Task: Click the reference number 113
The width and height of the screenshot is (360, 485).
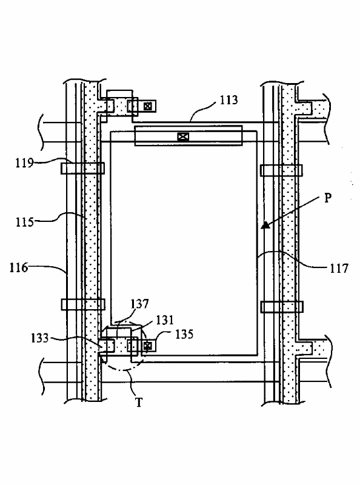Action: click(x=229, y=100)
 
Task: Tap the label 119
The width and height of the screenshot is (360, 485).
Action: click(x=24, y=162)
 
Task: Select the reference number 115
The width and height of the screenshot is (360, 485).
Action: click(x=24, y=222)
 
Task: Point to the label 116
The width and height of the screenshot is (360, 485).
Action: click(x=19, y=267)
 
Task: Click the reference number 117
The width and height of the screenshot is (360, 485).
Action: click(x=339, y=269)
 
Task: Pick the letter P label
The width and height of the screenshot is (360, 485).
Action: click(x=328, y=198)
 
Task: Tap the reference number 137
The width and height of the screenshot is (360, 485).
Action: click(x=139, y=304)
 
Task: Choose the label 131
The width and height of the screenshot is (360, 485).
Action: click(x=165, y=320)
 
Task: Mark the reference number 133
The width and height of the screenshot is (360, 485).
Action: click(x=39, y=338)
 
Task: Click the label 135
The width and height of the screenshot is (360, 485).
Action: click(x=184, y=335)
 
